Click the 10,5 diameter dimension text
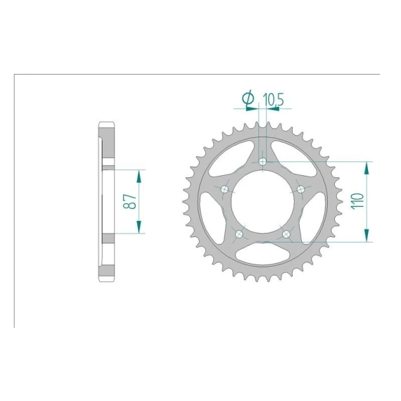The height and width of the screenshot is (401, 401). tap(274, 99)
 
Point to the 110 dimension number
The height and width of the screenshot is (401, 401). tap(357, 201)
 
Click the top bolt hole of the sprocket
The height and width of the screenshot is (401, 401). tap(262, 162)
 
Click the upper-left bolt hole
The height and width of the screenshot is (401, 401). tap(225, 189)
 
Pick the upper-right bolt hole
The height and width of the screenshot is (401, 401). tap(301, 189)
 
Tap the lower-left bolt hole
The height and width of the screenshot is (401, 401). tap(239, 234)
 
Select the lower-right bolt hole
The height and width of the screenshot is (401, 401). tap(286, 234)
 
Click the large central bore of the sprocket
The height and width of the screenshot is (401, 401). tap(263, 201)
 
